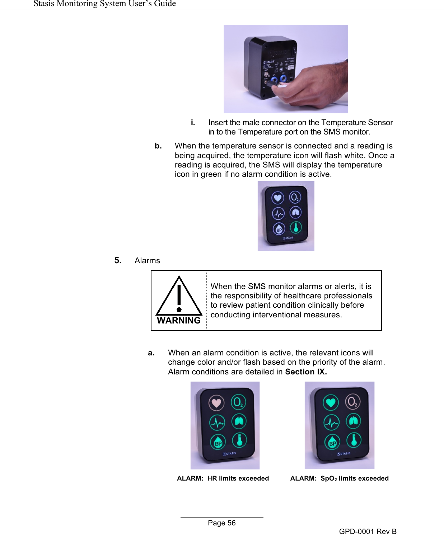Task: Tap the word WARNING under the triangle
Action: click(x=179, y=321)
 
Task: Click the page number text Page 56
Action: click(x=221, y=523)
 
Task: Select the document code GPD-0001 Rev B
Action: click(x=368, y=531)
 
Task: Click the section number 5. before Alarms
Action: click(x=118, y=261)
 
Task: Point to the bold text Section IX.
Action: click(x=306, y=372)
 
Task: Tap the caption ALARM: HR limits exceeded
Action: click(x=223, y=478)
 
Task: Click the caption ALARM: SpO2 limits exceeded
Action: click(x=339, y=478)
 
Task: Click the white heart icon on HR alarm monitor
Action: click(x=216, y=403)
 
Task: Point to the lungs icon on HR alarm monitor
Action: click(x=239, y=421)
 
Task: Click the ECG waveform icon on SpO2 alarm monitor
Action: click(x=331, y=423)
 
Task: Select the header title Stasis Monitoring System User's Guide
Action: click(x=104, y=4)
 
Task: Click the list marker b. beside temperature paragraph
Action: click(x=158, y=146)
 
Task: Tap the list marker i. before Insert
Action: click(x=193, y=123)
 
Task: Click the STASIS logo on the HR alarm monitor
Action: click(x=229, y=454)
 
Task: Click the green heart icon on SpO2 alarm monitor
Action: click(x=331, y=402)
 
